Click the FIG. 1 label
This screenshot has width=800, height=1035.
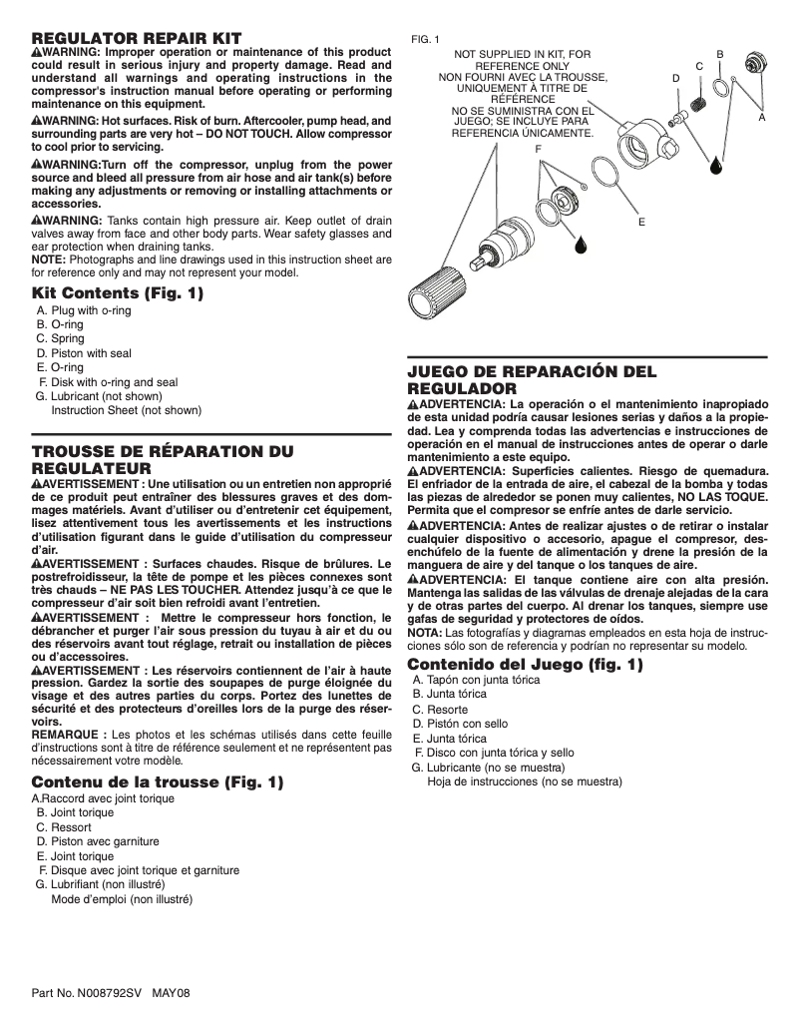tap(425, 39)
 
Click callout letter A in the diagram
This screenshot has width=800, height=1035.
tap(761, 117)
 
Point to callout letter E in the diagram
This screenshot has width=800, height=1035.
tap(641, 220)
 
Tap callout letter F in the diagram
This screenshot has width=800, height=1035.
tap(538, 148)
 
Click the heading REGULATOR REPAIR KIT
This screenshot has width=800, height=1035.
tap(136, 36)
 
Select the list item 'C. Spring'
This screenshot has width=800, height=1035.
tap(61, 338)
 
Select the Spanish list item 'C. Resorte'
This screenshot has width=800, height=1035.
tap(443, 709)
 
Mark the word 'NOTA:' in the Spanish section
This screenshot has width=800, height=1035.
tap(425, 633)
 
